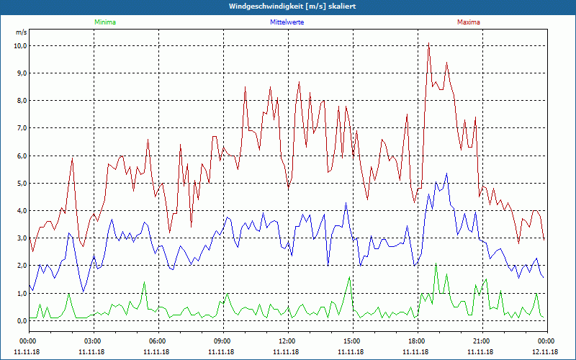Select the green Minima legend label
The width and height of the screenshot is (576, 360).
point(104,22)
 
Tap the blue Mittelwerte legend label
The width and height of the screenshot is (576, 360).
point(287,22)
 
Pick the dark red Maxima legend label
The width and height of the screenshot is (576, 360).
point(468,22)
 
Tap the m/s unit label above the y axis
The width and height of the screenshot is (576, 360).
point(21,33)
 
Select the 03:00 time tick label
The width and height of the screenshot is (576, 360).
point(92,341)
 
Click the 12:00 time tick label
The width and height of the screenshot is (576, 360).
point(287,341)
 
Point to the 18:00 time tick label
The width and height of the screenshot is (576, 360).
point(416,341)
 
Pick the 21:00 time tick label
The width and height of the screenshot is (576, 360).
point(481,341)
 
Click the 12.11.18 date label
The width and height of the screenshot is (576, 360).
point(545,351)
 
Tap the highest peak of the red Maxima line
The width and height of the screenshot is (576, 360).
point(428,45)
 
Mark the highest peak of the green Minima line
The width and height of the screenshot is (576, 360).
point(436,265)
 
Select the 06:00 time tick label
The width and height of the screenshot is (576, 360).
point(157,341)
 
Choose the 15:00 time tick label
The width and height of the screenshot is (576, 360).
point(351,341)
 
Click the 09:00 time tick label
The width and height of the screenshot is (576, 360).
point(222,341)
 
